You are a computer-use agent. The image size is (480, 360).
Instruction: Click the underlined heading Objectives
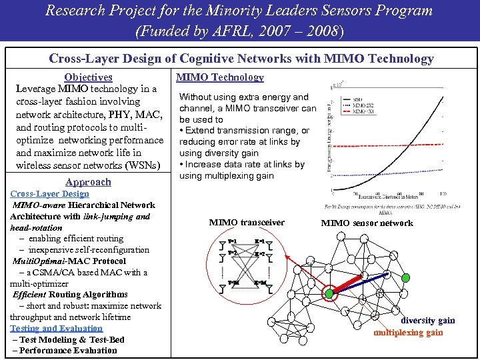88,77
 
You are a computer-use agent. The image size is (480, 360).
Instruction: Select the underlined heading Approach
88,182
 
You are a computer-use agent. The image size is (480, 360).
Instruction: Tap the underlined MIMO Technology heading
219,77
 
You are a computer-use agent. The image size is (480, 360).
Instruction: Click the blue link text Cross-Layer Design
49,194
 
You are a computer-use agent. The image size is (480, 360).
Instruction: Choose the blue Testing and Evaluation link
56,328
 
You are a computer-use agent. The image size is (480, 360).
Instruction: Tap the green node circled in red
329,293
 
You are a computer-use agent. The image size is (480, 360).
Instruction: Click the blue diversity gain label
428,321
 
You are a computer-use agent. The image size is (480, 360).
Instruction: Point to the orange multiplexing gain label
409,332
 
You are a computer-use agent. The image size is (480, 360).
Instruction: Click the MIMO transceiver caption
247,223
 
